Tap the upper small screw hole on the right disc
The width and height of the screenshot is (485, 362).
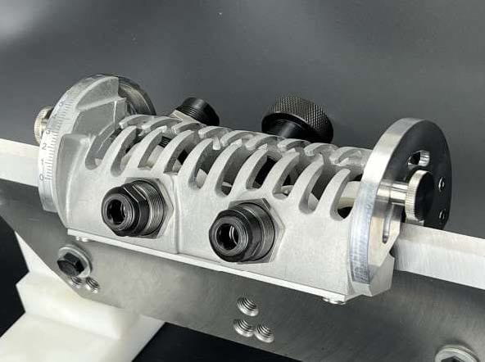coord(442,185)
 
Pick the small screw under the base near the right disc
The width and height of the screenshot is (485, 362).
coord(331,300)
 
